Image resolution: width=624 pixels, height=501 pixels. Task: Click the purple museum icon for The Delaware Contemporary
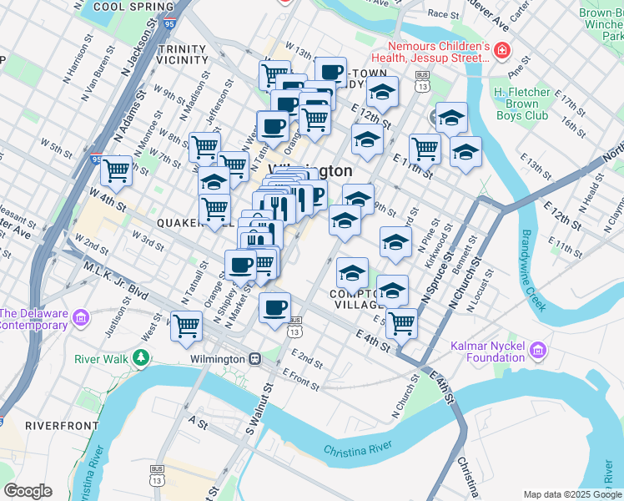point(81,317)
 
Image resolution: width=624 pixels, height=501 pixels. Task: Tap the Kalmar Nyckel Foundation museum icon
point(539,349)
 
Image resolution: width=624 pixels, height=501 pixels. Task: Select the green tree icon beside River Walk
point(141,359)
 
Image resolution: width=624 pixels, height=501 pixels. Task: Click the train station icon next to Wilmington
point(256,359)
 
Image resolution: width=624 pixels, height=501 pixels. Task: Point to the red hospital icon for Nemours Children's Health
point(501,51)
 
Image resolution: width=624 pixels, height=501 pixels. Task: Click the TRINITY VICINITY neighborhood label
point(181,54)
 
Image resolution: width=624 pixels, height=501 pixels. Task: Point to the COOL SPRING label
point(128,6)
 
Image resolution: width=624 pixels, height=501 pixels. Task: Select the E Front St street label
point(301,380)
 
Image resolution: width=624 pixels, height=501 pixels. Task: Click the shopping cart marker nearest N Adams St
point(116,170)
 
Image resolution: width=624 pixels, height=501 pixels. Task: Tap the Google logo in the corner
point(28,491)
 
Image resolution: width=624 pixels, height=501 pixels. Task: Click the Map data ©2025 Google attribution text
point(571,494)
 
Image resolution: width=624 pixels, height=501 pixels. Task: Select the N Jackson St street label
point(140,50)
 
